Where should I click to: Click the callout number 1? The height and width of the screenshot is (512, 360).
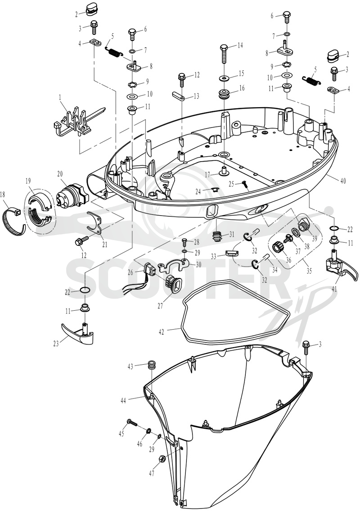pos(60,97)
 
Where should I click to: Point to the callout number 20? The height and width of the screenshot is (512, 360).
pos(60,174)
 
